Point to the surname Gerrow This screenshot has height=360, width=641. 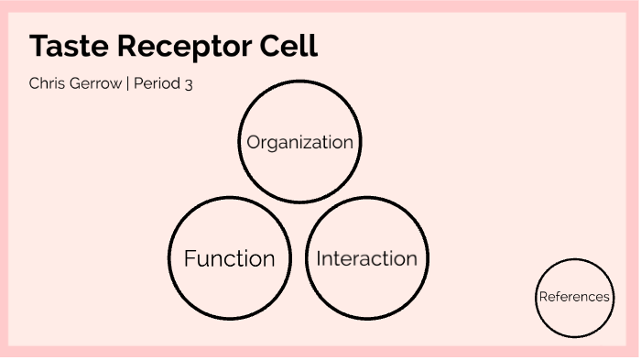point(95,83)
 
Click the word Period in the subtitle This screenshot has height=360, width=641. point(157,83)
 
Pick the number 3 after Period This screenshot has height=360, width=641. point(188,83)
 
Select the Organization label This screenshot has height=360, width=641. point(299,143)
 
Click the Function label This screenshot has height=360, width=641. point(229,259)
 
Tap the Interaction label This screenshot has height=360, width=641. point(366,259)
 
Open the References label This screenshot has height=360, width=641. point(574,297)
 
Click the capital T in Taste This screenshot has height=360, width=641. point(38,47)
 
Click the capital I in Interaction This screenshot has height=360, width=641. point(319,259)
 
